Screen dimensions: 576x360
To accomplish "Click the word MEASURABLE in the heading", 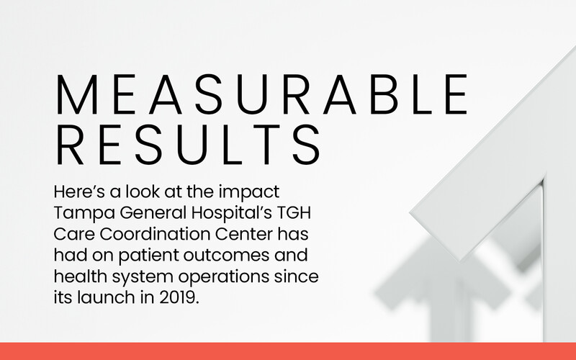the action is (261, 94).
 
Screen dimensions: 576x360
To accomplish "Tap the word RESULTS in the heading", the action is (188, 145).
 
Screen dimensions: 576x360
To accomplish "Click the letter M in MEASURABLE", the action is (76, 94).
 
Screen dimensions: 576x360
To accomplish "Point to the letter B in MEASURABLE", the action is (384, 94).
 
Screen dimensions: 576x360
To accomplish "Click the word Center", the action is (243, 235).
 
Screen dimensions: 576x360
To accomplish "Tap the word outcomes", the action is (226, 256).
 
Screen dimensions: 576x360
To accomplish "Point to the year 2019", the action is (178, 298).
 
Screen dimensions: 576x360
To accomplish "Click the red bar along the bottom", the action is (288, 351).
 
